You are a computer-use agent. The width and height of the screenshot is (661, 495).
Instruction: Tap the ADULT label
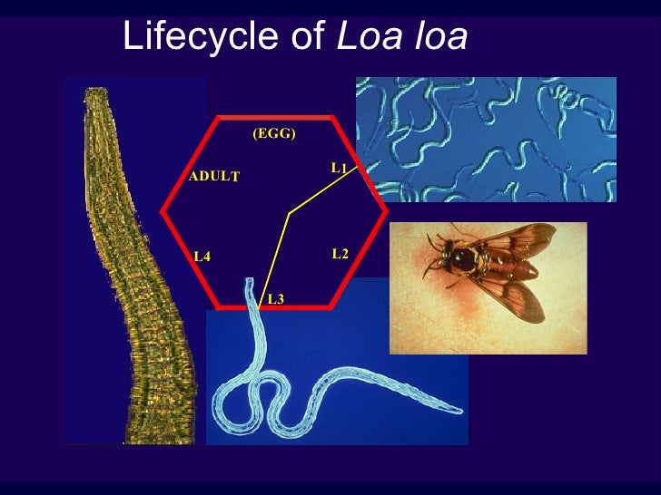pos(213,177)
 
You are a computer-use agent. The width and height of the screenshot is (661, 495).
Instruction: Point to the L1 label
pos(340,168)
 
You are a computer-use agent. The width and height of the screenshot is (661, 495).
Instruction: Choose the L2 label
pos(340,254)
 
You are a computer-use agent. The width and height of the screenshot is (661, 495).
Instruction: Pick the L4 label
pos(202,257)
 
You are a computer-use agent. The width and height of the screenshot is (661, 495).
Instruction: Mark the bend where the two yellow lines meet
pos(289,214)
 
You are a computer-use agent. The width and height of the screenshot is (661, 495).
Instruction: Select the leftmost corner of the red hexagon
pos(163,211)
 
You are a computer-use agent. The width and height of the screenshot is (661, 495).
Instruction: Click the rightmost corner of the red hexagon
pos(387,211)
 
